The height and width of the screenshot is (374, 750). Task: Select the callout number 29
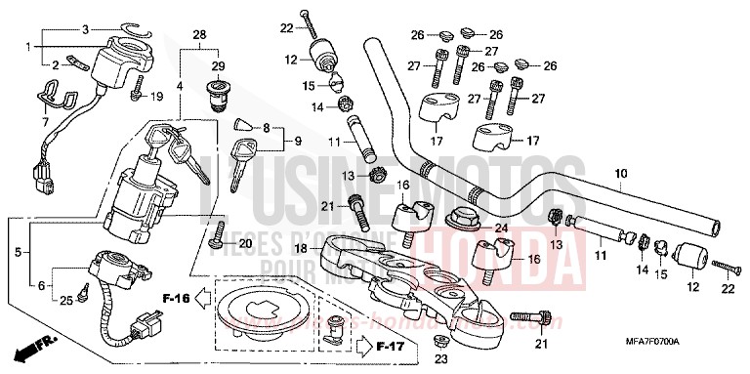(x=218, y=65)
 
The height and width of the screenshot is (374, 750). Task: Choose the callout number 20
(x=244, y=242)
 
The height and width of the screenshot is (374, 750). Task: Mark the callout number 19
(x=156, y=96)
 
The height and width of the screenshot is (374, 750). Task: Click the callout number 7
(x=45, y=122)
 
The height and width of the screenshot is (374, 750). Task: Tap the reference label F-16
(x=175, y=298)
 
